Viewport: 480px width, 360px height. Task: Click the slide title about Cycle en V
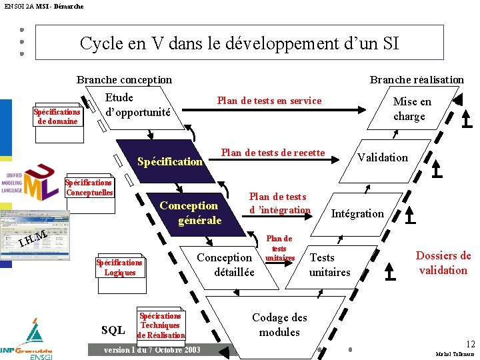point(239,43)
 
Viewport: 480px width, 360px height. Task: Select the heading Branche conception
point(124,79)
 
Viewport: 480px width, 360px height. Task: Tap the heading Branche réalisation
point(417,79)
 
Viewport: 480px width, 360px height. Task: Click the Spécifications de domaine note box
point(57,116)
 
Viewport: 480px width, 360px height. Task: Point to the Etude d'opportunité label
point(137,105)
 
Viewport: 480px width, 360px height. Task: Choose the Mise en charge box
point(411,109)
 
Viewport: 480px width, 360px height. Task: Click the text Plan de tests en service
point(269,101)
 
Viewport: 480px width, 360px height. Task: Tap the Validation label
point(382,157)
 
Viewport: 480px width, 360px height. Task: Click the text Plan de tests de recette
point(273,153)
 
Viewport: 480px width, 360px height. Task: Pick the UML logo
point(32,181)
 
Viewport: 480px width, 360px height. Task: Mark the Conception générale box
point(189,213)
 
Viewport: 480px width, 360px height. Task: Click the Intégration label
point(357,213)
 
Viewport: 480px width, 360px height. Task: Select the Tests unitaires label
point(329,265)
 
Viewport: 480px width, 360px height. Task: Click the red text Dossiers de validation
point(443,263)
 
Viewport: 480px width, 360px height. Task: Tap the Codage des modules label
point(279,325)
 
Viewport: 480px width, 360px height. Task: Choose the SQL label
point(113,330)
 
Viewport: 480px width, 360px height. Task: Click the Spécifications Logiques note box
point(120,267)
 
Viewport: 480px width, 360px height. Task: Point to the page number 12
point(471,344)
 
